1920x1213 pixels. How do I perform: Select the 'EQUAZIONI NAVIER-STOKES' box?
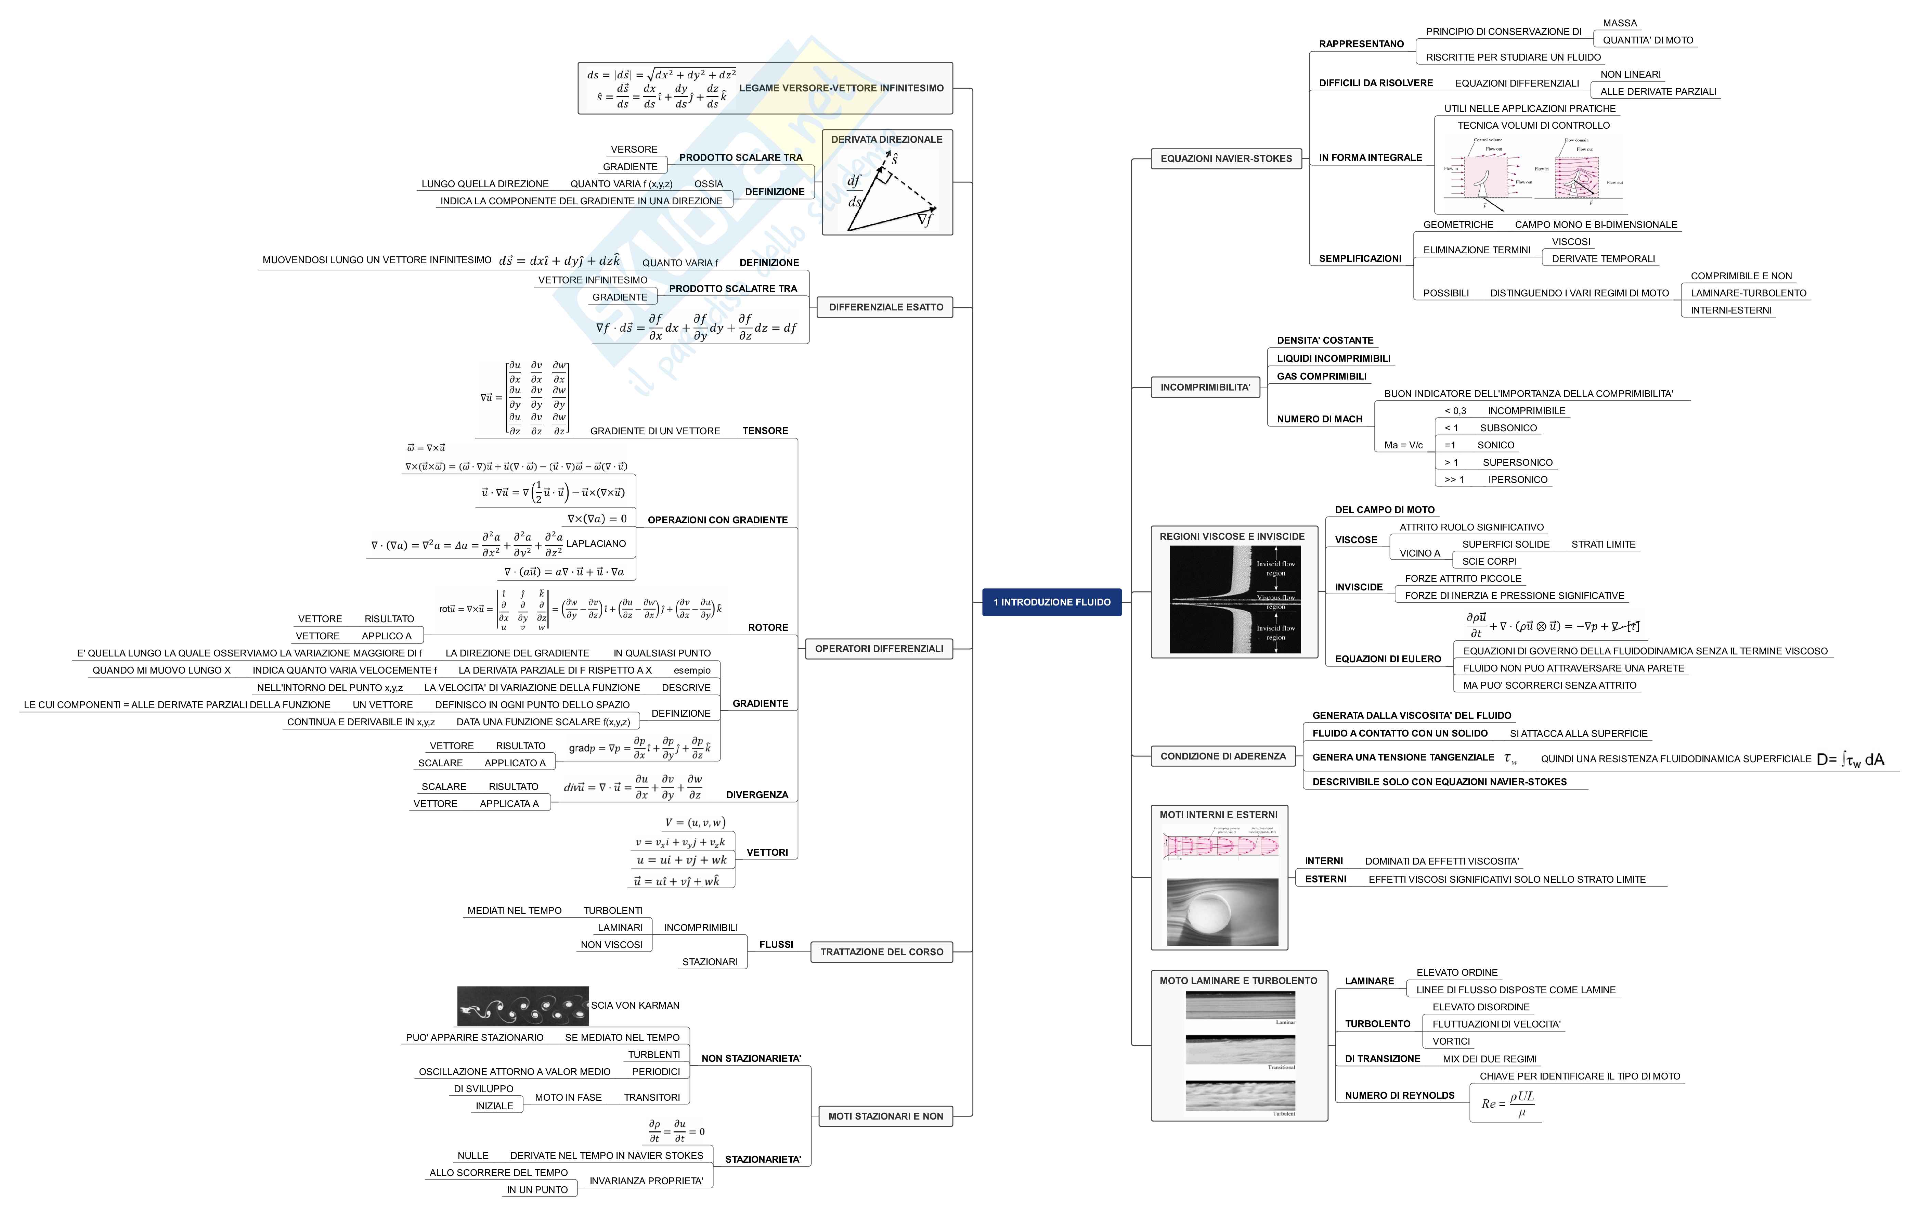pos(1225,159)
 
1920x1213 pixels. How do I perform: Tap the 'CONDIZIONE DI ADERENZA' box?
pos(1222,756)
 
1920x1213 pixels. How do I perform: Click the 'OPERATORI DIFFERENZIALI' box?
pos(879,649)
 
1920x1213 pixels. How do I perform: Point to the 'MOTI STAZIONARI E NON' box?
pos(885,1116)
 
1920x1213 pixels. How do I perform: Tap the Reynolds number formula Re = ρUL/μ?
pos(1507,1104)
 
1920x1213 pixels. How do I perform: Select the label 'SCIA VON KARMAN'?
pos(635,1006)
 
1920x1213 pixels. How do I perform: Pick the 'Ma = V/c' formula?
pos(1403,445)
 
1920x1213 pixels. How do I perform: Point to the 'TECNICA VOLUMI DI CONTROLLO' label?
pos(1533,125)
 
